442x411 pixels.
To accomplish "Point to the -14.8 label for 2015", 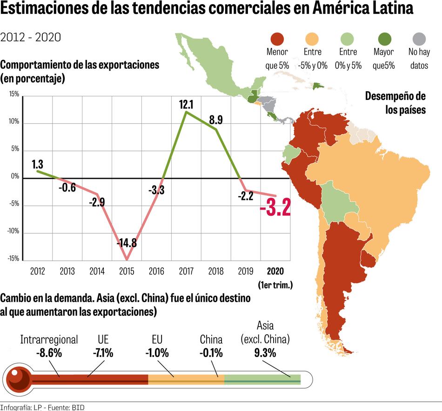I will [127, 243].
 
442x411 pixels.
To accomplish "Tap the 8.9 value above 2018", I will [216, 120].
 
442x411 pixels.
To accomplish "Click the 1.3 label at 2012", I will [38, 164].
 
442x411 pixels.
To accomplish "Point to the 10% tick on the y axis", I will [13, 122].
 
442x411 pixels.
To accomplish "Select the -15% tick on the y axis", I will [13, 259].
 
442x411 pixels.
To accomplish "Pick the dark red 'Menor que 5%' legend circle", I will [277, 39].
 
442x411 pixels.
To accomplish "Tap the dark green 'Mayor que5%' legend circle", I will [384, 39].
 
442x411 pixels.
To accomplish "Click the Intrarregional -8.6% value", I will [49, 353].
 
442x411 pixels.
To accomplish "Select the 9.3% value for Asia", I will [265, 353].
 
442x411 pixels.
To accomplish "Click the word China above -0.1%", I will [211, 340].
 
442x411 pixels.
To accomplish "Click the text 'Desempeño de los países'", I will [395, 103].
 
